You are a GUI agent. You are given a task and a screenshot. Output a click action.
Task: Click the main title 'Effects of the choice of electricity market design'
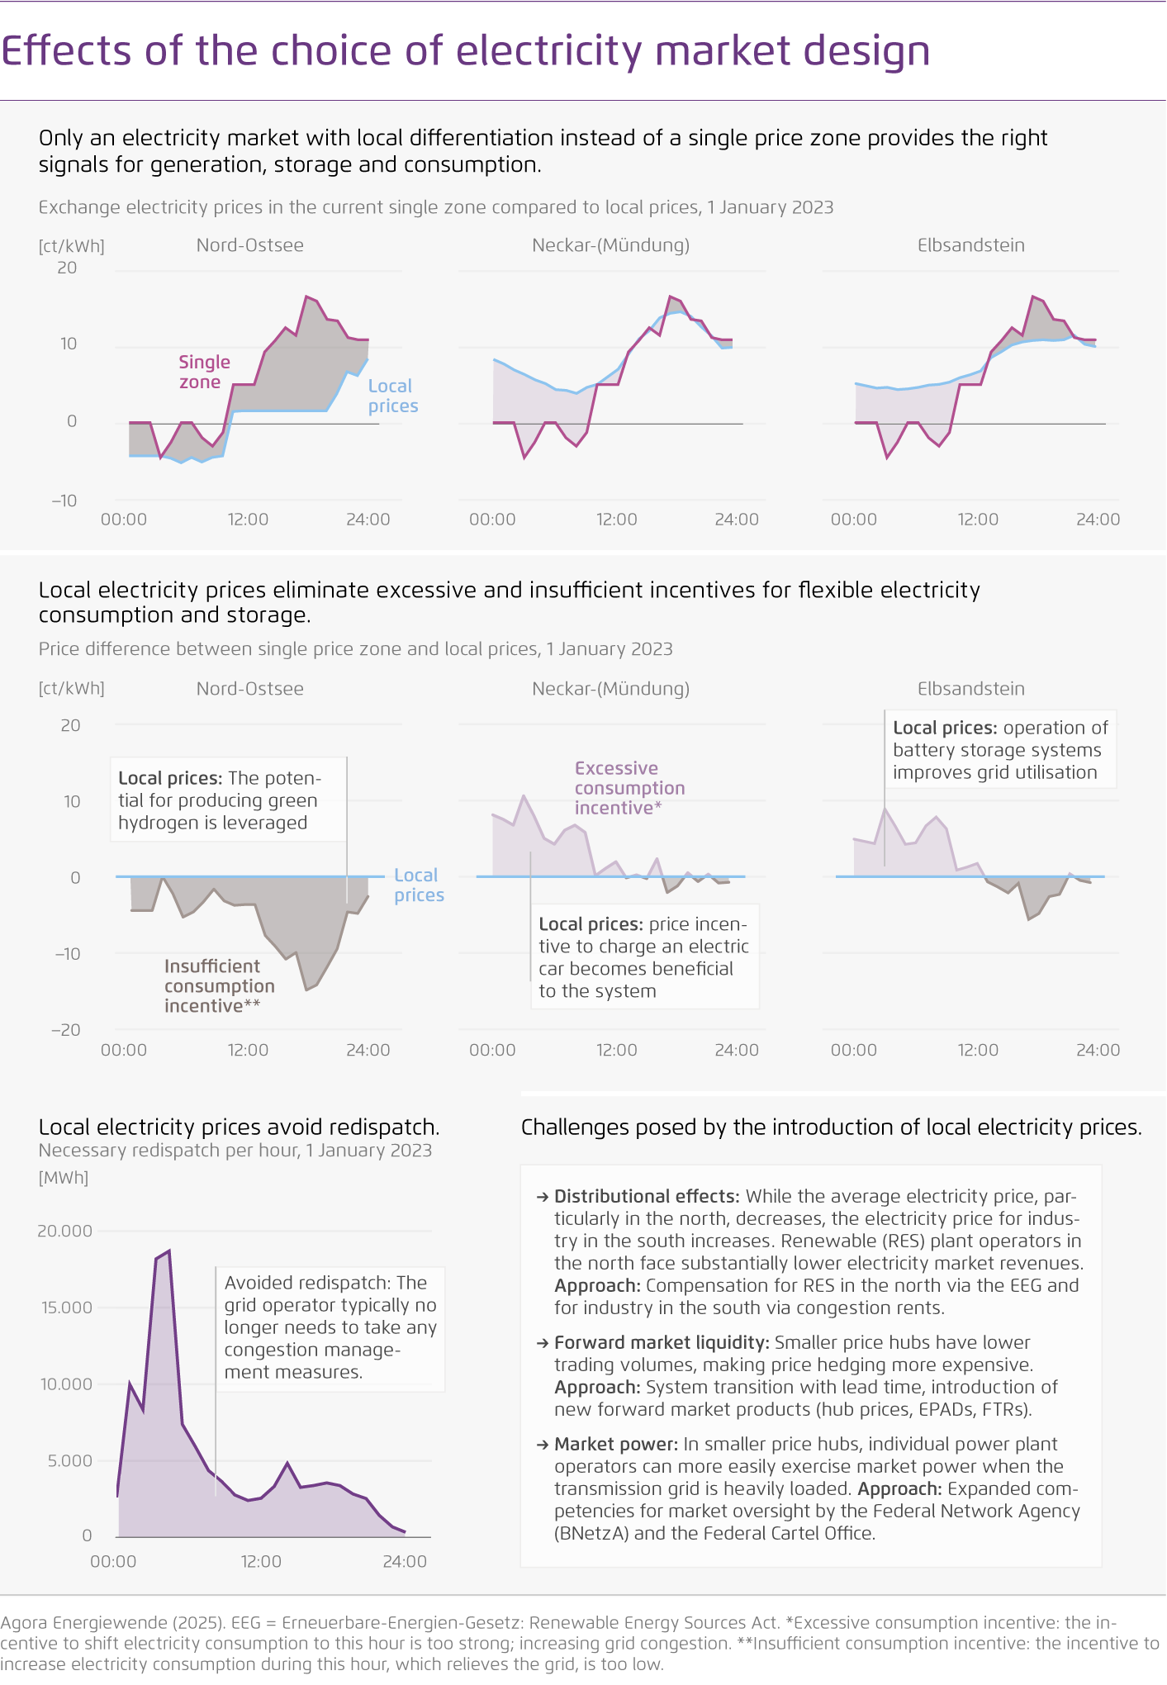coord(465,51)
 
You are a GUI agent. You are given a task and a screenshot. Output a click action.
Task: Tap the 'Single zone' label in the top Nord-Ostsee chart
coord(204,373)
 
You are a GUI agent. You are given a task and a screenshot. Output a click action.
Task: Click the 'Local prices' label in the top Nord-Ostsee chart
coord(392,396)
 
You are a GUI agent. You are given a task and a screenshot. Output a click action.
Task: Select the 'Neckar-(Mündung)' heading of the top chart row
coord(610,245)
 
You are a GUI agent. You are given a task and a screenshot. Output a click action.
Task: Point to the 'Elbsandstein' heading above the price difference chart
coord(970,689)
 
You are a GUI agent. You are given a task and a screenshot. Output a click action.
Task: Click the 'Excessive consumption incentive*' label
coord(629,788)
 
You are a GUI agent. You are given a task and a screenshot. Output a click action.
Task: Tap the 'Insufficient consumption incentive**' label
coord(219,986)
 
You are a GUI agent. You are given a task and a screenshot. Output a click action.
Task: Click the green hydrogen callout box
coord(228,800)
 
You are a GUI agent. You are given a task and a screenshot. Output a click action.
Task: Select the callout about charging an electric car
coord(643,957)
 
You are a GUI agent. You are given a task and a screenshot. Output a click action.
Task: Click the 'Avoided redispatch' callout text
coord(330,1327)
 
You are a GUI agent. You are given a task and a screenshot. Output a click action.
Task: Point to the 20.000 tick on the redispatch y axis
coord(65,1231)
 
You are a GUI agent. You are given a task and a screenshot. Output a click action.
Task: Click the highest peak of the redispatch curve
coord(169,1251)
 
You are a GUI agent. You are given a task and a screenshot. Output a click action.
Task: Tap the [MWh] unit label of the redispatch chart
coord(64,1178)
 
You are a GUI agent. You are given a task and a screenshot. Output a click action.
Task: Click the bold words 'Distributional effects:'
coord(646,1197)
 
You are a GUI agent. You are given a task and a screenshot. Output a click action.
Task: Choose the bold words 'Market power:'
coord(615,1445)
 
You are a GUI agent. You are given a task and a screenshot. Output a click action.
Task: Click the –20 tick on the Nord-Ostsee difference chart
coord(66,1030)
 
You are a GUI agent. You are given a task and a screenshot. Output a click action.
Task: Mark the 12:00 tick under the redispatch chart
coord(261,1562)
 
